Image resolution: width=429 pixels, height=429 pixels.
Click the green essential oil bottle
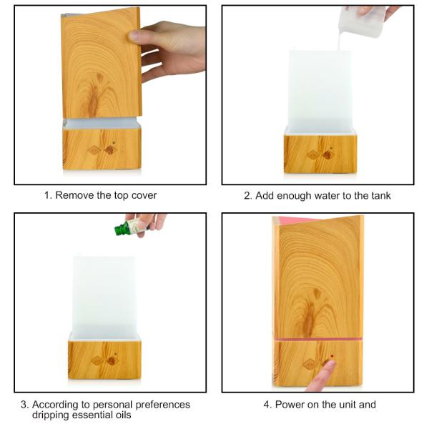click(127, 229)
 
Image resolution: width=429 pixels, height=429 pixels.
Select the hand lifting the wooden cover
click(167, 51)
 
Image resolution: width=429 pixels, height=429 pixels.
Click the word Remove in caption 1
click(75, 195)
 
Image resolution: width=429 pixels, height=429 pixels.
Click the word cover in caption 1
click(143, 195)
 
